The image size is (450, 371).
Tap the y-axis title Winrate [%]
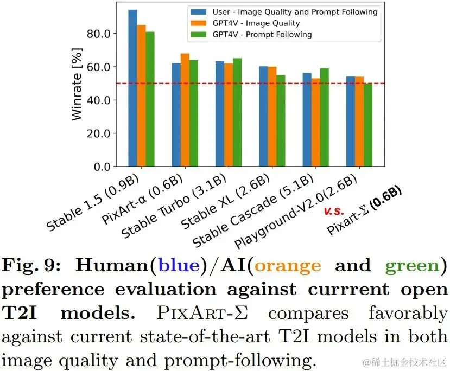78,84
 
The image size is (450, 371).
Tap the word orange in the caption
287,265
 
